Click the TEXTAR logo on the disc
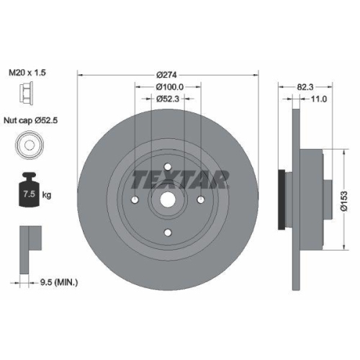tap(180, 178)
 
